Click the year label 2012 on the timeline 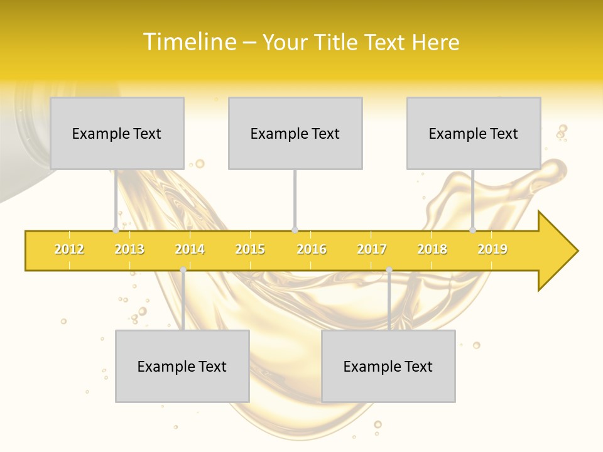69,250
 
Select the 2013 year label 129,250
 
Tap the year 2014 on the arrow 190,250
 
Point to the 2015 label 250,250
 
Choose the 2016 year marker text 312,250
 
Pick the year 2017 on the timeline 372,250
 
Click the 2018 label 432,250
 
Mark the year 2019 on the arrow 492,250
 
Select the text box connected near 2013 117,133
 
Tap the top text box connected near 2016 295,133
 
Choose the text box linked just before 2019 474,133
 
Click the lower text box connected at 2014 182,366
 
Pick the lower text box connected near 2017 388,366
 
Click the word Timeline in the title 189,42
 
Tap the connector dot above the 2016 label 295,230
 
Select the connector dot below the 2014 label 183,270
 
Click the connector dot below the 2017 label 389,270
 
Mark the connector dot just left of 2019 473,230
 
